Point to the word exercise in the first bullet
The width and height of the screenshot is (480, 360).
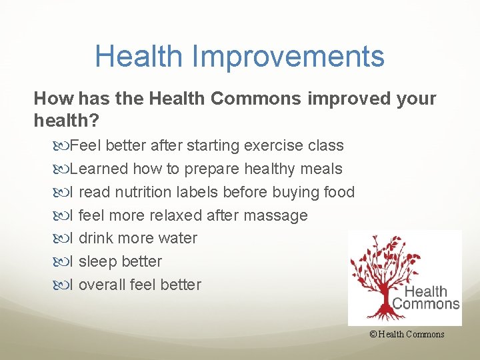click(x=272, y=145)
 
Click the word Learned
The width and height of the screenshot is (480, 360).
click(x=99, y=169)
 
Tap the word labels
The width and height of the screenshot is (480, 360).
click(x=198, y=192)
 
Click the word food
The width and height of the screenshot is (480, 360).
click(x=338, y=192)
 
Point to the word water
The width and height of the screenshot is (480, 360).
click(x=179, y=238)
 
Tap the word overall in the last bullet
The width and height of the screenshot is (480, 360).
click(x=102, y=285)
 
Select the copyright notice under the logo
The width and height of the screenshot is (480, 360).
click(x=406, y=335)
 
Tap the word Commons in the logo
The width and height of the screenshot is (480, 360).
click(x=426, y=303)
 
